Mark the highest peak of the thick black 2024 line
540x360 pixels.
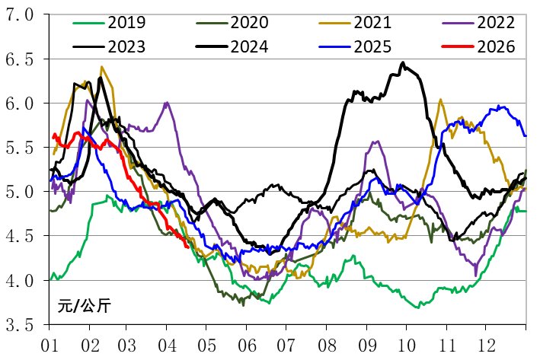click(x=403, y=63)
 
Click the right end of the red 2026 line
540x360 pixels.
click(x=187, y=245)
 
